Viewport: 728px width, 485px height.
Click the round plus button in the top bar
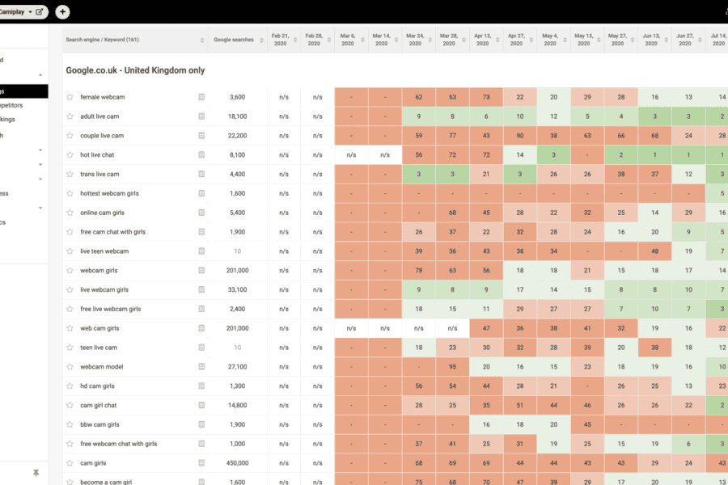point(63,12)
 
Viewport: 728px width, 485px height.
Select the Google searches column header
point(234,40)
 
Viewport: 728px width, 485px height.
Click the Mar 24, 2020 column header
point(415,40)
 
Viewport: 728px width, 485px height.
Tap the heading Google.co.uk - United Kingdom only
point(135,70)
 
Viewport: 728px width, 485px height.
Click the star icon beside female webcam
point(70,97)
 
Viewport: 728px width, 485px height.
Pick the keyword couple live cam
point(102,136)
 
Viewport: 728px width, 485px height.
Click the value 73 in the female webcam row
point(486,97)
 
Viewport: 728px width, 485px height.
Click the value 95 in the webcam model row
point(452,367)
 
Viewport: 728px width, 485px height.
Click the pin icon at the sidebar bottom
point(36,473)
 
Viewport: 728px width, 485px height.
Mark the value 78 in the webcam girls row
point(418,271)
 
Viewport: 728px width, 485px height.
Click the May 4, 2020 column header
point(549,40)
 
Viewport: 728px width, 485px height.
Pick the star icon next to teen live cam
point(70,348)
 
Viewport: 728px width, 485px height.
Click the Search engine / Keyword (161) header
point(103,40)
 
